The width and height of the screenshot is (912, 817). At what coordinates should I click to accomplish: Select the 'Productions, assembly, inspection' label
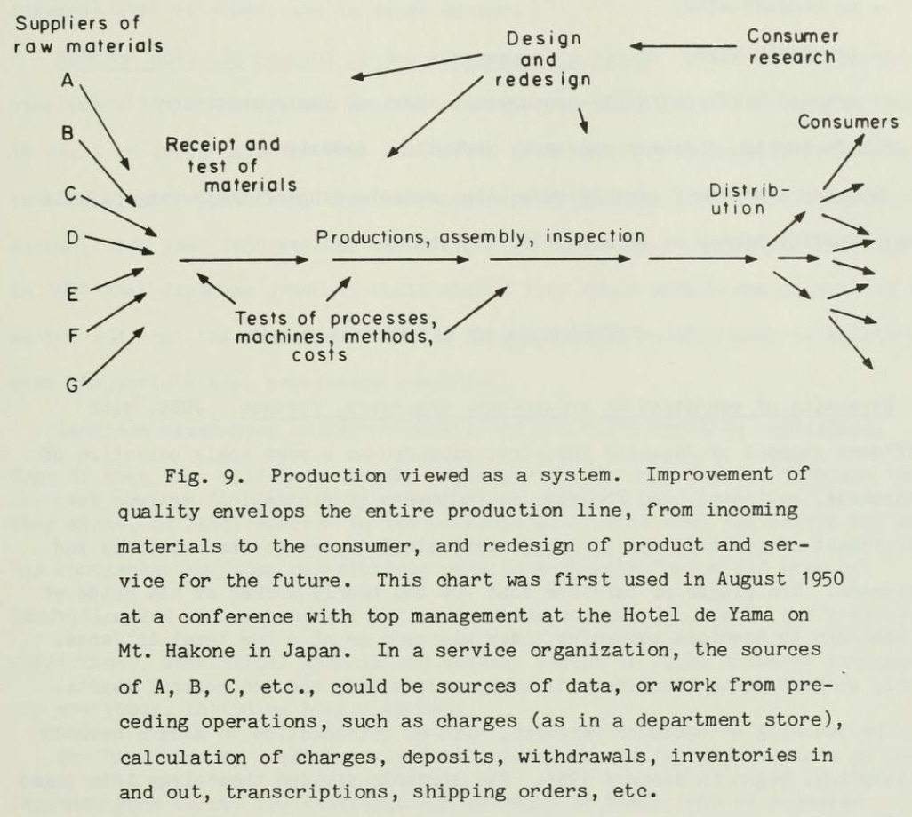click(480, 237)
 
